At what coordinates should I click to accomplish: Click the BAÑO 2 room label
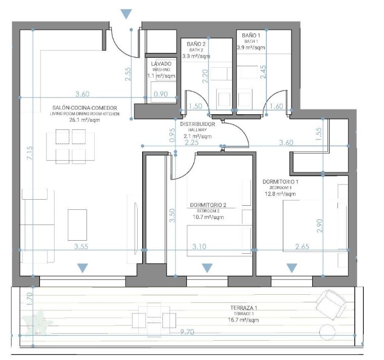[x=196, y=44]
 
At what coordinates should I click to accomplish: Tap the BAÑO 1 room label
[x=251, y=35]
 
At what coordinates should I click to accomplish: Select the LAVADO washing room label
[x=161, y=64]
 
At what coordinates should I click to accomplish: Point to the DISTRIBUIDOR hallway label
[x=197, y=124]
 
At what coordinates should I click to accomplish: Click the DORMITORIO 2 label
[x=208, y=205]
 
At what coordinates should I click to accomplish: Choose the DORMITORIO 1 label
[x=280, y=182]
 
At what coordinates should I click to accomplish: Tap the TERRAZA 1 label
[x=244, y=308]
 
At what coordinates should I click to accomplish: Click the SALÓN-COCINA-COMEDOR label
[x=84, y=108]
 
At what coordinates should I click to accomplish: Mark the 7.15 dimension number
[x=29, y=153]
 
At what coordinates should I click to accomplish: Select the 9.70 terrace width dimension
[x=187, y=332]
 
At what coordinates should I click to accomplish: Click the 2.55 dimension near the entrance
[x=128, y=74]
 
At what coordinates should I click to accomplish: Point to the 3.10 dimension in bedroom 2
[x=199, y=246]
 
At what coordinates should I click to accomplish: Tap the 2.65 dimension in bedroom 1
[x=302, y=246]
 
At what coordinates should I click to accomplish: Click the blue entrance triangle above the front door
[x=126, y=14]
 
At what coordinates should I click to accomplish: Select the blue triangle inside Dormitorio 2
[x=207, y=268]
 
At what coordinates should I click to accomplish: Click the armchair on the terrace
[x=330, y=305]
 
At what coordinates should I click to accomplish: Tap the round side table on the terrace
[x=327, y=332]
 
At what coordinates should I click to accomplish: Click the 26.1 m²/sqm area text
[x=84, y=120]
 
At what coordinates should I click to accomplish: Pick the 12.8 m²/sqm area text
[x=280, y=194]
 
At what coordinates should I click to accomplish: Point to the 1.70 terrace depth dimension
[x=29, y=299]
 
